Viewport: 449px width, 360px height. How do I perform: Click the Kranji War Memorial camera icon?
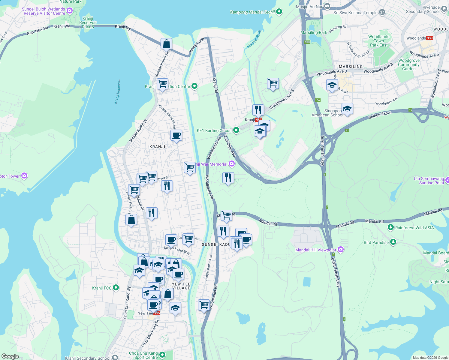[232, 164]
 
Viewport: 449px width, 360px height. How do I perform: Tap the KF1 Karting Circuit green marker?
[236, 130]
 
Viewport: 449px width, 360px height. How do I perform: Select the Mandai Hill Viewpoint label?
[315, 250]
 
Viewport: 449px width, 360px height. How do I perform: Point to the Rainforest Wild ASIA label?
[414, 228]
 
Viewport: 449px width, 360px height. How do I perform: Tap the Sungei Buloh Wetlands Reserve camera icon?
[70, 11]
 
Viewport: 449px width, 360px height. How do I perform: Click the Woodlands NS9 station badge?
[429, 38]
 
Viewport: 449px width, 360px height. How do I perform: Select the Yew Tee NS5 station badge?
[157, 313]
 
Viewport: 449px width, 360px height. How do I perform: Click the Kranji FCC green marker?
[116, 288]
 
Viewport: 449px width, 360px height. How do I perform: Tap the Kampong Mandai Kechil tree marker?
[279, 12]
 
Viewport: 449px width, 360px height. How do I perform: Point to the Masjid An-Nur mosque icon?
[327, 6]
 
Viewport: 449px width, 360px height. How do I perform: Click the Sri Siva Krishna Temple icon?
[382, 12]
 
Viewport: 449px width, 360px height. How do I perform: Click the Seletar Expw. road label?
[380, 114]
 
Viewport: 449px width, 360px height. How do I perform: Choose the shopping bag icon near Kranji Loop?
[166, 44]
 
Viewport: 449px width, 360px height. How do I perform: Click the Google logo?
[10, 356]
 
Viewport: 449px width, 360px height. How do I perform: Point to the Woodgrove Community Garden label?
[409, 64]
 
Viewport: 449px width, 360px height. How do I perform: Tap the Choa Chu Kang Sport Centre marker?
[162, 355]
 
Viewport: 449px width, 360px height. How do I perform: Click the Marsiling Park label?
[314, 32]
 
